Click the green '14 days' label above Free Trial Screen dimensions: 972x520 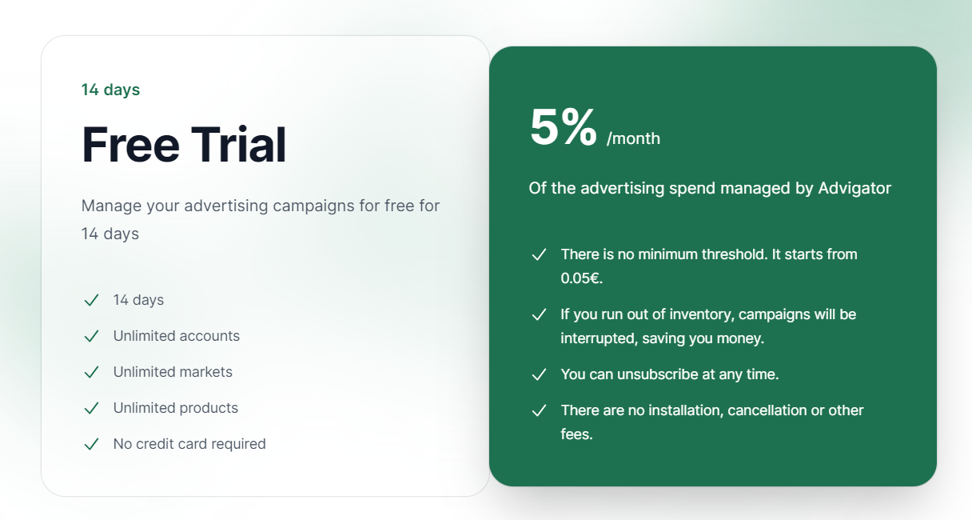110,90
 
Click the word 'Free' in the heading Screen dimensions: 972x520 130,144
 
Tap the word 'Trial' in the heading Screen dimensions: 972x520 239,144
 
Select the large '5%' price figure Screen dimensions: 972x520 564,126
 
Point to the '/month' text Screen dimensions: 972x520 633,138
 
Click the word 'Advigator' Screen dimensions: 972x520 854,188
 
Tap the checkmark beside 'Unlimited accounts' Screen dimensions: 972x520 92,336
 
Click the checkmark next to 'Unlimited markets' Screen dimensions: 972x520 92,372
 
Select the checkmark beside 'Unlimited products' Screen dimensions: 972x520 92,408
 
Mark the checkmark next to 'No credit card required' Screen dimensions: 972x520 92,445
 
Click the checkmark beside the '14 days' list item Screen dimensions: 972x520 92,300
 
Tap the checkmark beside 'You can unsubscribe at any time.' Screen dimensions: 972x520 539,374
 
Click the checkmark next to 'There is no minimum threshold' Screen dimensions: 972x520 539,254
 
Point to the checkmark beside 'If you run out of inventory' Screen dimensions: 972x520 539,314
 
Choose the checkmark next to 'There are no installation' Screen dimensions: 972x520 539,410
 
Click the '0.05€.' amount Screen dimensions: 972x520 581,278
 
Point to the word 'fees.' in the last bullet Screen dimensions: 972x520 576,434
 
